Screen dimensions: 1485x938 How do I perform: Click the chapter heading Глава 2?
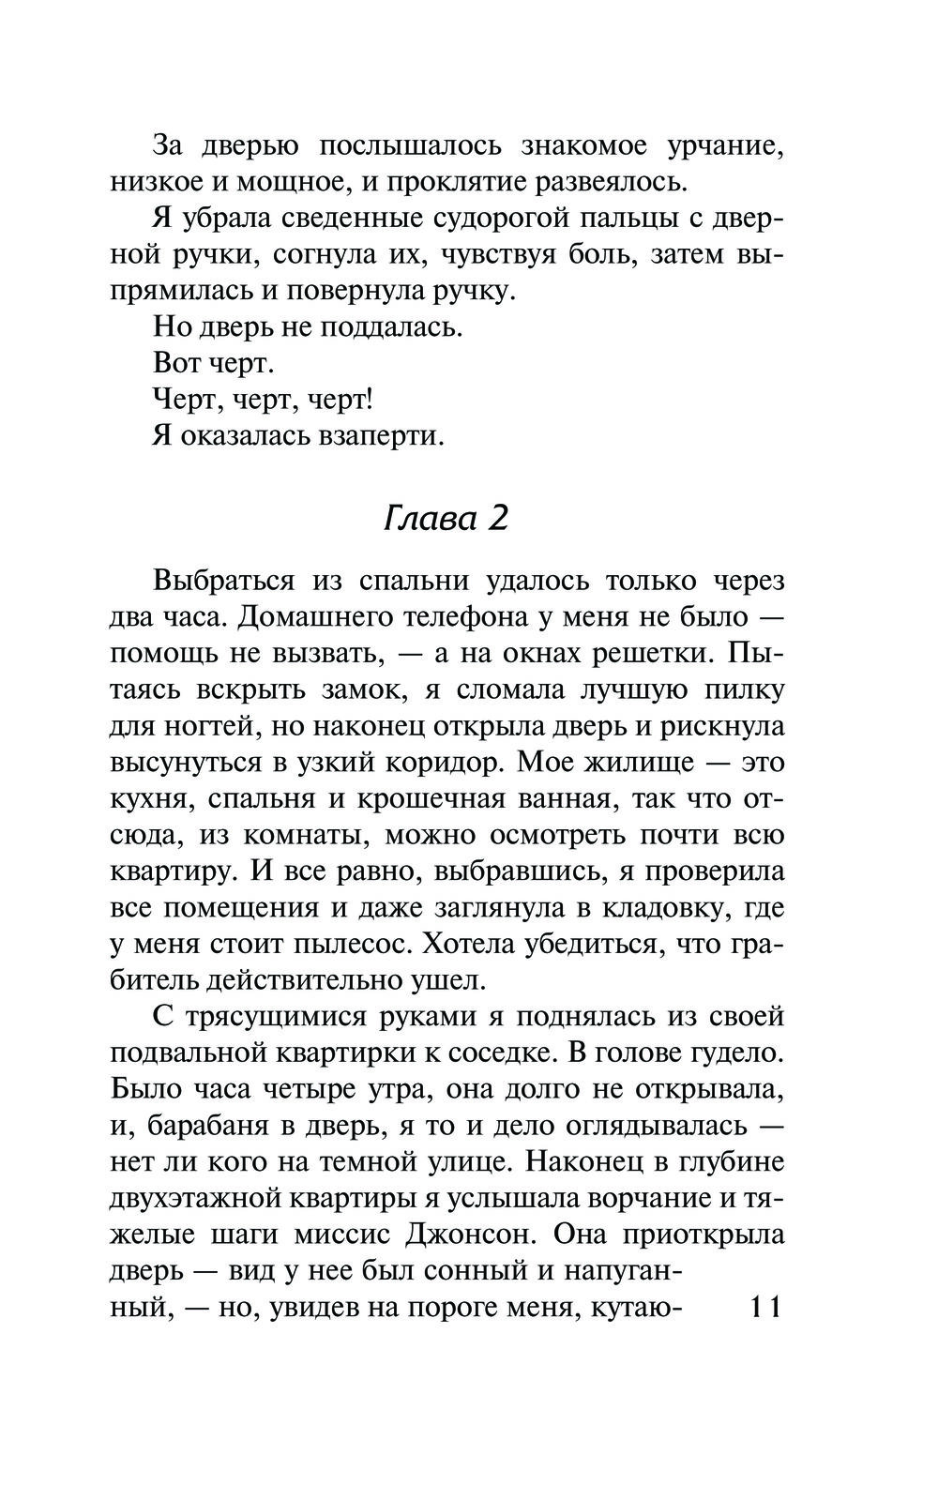[x=446, y=517]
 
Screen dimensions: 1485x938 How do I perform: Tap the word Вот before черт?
[x=177, y=364]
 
